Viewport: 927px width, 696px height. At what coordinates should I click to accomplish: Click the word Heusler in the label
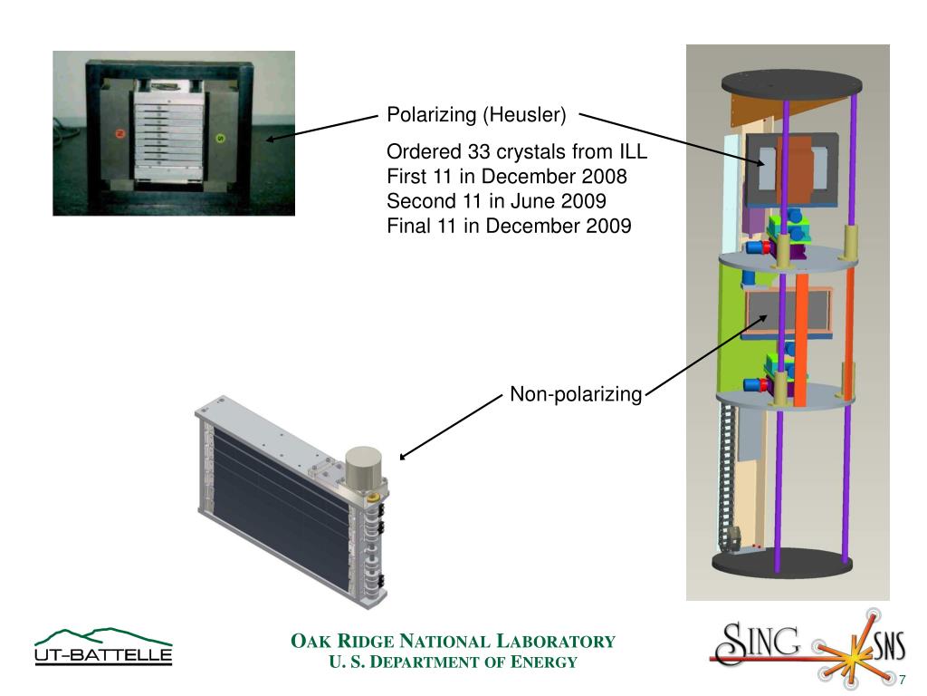click(x=524, y=115)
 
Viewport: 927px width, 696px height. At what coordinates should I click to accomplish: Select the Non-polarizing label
click(x=576, y=394)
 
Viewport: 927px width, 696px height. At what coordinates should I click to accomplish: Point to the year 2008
click(x=605, y=175)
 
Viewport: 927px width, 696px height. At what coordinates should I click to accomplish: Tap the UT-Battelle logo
click(x=102, y=647)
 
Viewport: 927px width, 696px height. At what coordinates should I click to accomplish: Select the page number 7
click(x=902, y=680)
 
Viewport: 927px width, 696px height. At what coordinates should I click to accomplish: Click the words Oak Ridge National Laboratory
click(x=453, y=642)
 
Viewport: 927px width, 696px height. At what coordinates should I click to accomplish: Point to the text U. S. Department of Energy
click(x=453, y=662)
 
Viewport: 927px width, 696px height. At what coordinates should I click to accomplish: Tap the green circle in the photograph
click(x=218, y=139)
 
